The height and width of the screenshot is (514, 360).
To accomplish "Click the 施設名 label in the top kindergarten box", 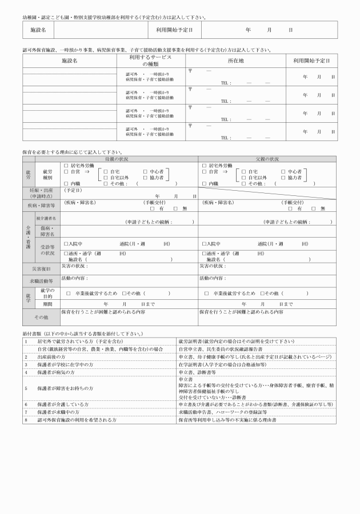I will (x=38, y=29).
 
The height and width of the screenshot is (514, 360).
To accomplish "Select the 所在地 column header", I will (x=236, y=61).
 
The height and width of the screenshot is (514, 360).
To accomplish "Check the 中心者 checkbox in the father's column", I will (x=284, y=171).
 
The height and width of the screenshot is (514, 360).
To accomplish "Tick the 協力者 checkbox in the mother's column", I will (x=146, y=178).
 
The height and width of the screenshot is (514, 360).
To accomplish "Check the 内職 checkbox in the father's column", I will (x=205, y=184).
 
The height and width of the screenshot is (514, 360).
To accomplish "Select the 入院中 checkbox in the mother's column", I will (x=66, y=244).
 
